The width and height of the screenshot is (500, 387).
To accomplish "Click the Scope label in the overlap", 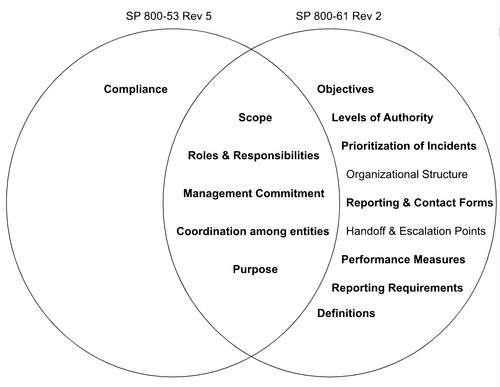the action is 255,118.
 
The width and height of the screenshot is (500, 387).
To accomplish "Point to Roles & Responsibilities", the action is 254,155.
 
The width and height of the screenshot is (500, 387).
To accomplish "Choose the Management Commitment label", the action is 254,193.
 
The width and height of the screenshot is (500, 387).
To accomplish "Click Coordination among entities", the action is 253,231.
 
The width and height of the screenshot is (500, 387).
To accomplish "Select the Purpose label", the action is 255,269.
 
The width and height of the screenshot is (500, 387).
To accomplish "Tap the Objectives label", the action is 345,90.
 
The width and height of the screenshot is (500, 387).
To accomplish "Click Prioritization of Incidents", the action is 408,146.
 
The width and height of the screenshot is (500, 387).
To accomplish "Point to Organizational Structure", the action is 405,174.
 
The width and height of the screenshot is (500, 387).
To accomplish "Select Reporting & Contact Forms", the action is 419,203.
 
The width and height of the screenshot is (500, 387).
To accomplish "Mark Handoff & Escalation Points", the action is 415,231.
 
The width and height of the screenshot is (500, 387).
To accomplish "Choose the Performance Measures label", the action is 403,259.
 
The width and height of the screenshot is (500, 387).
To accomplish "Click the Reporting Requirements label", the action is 397,287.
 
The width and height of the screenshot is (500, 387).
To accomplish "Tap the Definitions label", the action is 346,313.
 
